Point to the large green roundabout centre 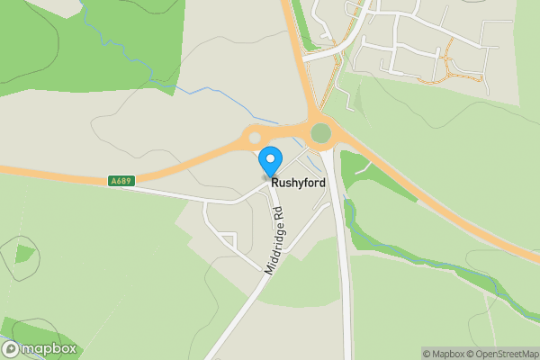tap(320, 133)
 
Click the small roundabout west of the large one tap(255, 138)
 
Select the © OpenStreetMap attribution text tap(503, 353)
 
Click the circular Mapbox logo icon tap(11, 349)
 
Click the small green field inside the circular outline tap(24, 253)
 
